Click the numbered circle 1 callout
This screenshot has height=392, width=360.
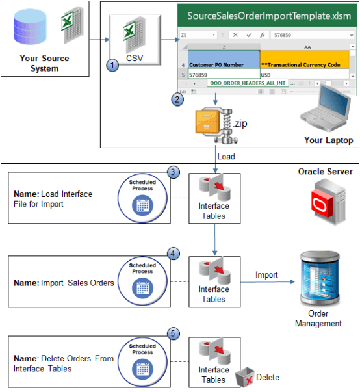[x=114, y=66]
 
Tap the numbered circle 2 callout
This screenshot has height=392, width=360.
[x=176, y=99]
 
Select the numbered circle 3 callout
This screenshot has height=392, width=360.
[x=173, y=172]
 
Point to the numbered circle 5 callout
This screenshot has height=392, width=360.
[x=173, y=333]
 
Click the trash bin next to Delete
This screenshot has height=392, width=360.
[x=245, y=376]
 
